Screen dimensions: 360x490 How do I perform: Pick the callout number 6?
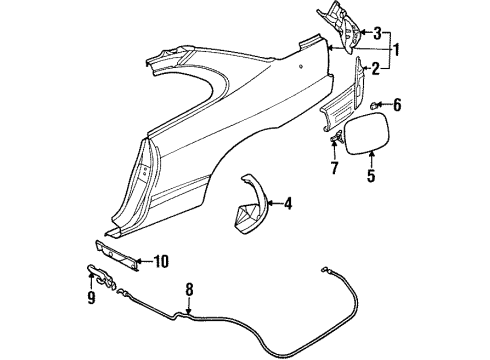[396, 104]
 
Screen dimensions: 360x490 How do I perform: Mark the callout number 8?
[190, 294]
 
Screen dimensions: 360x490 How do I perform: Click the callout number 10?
[160, 262]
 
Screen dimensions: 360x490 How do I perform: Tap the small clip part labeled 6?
[374, 104]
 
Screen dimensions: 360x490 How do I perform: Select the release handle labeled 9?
[94, 273]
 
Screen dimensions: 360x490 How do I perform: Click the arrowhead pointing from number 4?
[268, 204]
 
